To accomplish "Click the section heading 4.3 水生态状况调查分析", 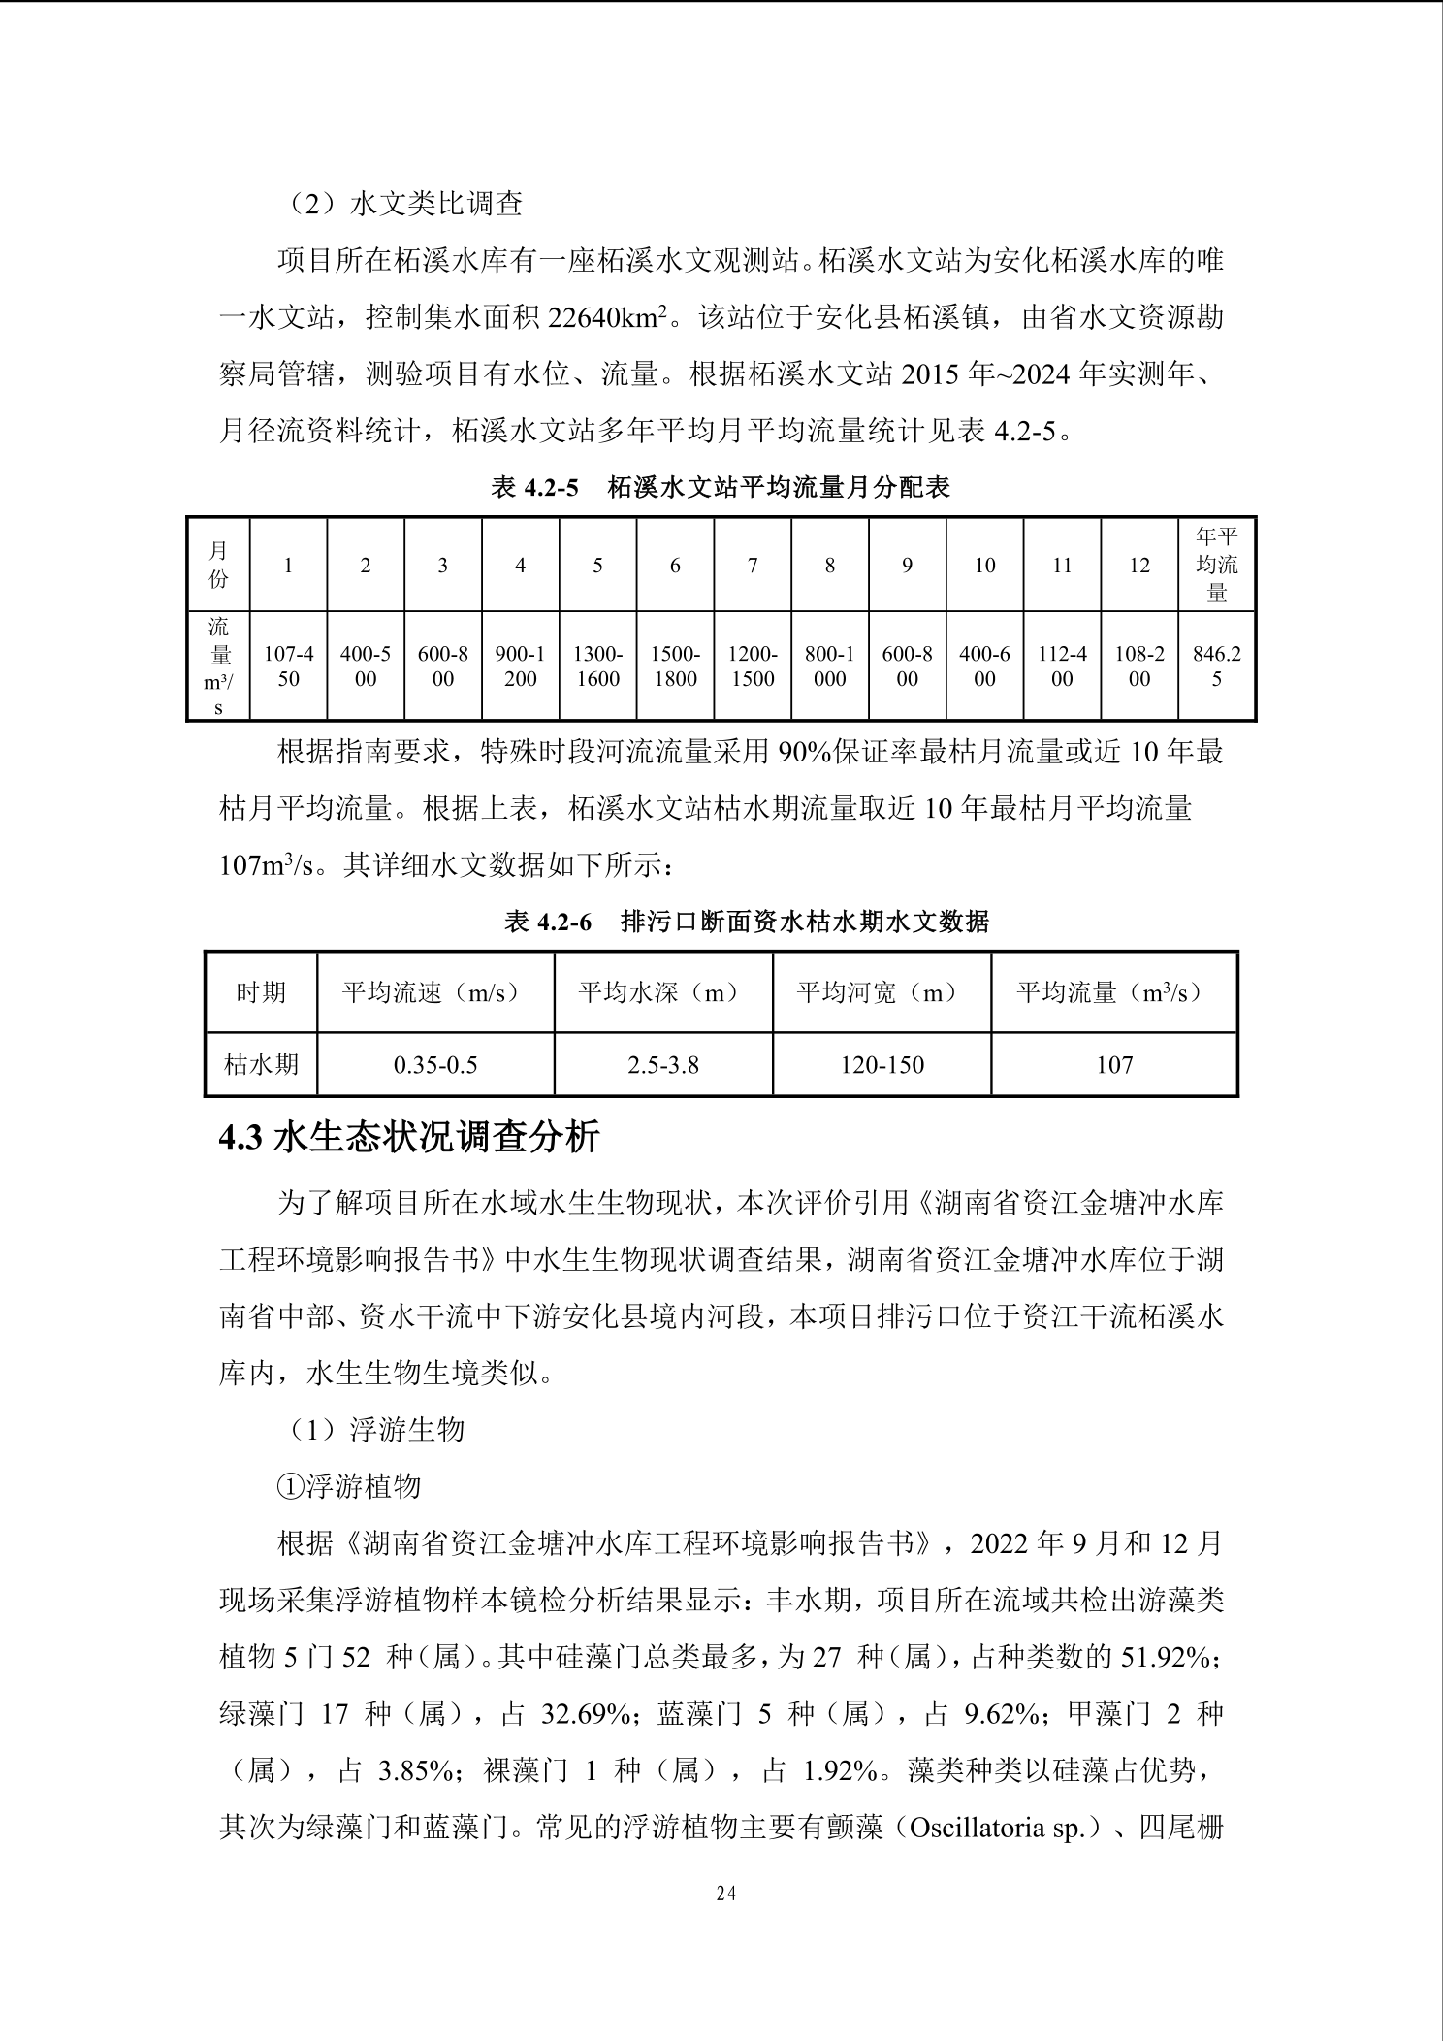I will pos(409,1136).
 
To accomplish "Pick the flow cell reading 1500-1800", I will pos(675,666).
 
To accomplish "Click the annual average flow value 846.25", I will pos(1217,666).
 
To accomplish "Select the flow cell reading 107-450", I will pos(289,666).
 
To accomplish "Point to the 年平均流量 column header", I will pos(1217,565).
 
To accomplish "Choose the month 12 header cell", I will pos(1139,566).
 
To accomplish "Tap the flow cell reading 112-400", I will pos(1062,666).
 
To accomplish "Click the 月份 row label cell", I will pos(219,566).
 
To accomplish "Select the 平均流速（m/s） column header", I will pos(435,992).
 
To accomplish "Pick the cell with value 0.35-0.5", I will pos(435,1065).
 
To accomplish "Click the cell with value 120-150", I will pos(882,1065).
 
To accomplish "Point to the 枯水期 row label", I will pos(261,1065).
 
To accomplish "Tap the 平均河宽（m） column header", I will pos(882,992).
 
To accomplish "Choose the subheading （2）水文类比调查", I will pos(407,203).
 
